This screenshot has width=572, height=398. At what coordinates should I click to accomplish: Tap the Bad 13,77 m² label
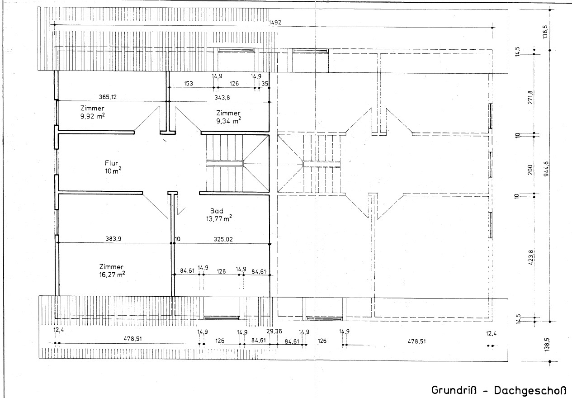[x=221, y=215]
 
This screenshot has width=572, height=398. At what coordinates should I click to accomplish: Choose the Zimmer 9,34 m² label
[x=228, y=116]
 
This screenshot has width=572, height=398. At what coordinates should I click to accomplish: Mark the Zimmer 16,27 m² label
[x=112, y=270]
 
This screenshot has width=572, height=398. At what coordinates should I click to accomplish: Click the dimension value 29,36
[x=274, y=332]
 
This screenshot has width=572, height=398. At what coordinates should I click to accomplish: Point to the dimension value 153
[x=189, y=84]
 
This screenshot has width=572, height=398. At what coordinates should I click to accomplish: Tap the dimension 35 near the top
[x=265, y=84]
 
